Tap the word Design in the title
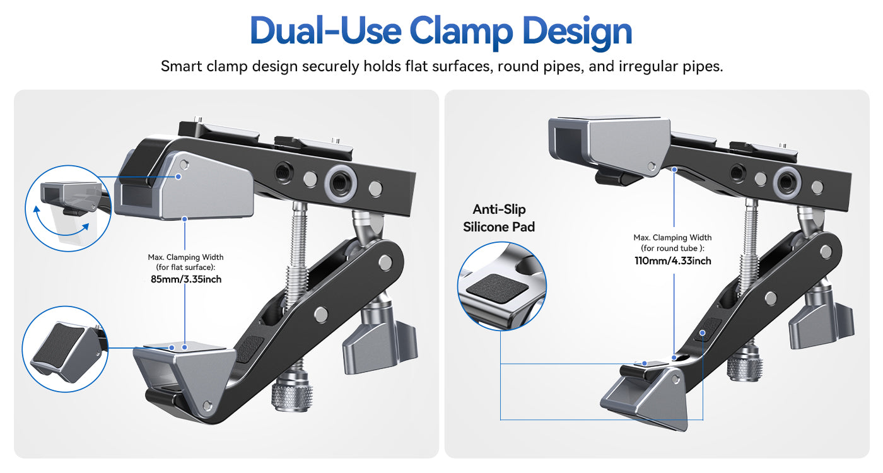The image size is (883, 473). point(577,31)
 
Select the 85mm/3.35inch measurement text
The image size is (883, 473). point(186,279)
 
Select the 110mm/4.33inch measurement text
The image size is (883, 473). point(672,260)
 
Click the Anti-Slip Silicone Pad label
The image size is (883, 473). point(499,218)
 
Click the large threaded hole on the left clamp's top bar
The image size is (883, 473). point(341,184)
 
